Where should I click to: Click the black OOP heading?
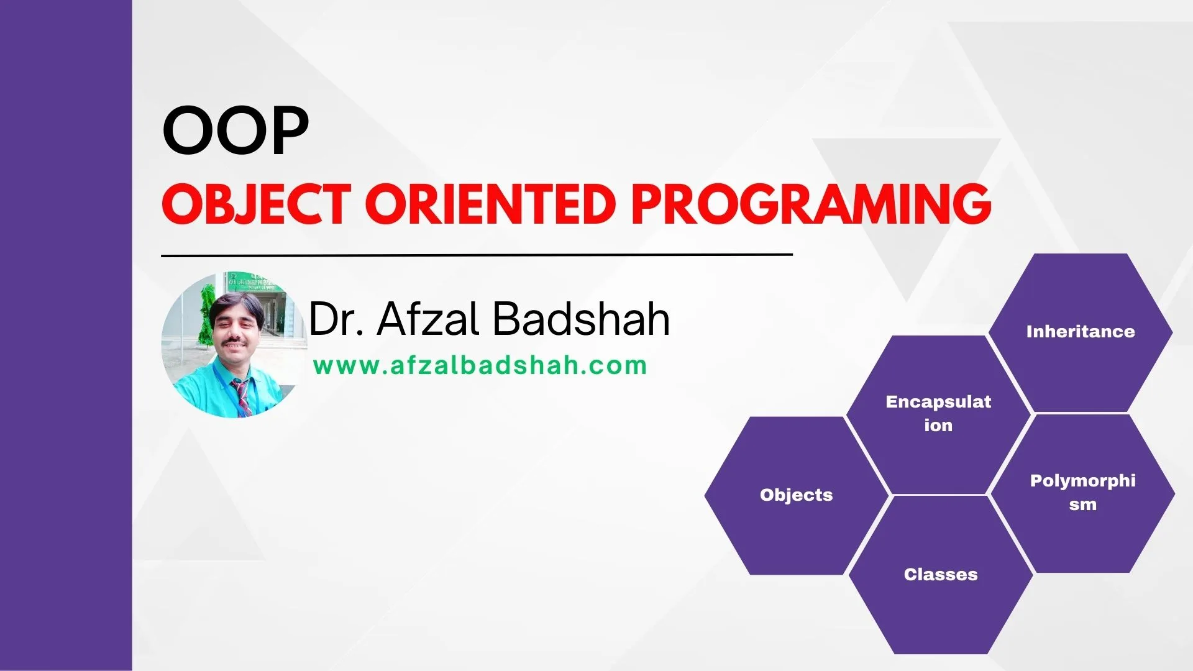235,132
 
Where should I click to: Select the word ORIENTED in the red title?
490,204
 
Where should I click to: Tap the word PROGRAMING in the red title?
811,204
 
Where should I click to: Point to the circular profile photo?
235,345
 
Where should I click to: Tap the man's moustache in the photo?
233,340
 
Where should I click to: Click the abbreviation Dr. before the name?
336,319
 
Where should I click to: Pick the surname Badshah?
581,319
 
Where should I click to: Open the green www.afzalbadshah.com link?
480,366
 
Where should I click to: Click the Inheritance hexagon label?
1080,332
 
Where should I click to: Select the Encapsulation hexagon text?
938,413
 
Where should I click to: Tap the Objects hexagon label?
796,495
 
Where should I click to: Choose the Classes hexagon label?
940,575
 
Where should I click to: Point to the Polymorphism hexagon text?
1082,492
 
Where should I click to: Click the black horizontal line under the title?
477,255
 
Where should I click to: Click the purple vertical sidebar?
66,335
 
